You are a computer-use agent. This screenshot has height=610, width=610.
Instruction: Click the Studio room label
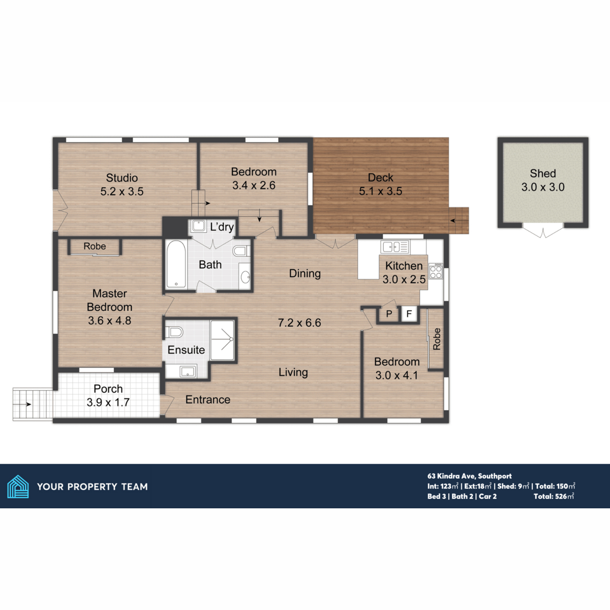[x=122, y=178]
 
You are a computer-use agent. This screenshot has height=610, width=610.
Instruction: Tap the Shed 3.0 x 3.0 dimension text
[x=543, y=187]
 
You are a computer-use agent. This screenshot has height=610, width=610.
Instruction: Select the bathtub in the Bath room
[x=176, y=264]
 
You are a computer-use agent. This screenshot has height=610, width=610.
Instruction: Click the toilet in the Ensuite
[x=175, y=332]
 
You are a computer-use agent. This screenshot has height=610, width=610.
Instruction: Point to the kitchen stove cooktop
[x=436, y=271]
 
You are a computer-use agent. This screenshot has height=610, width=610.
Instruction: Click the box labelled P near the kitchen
[x=389, y=314]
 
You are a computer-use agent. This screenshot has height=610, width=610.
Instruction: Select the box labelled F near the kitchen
[x=409, y=314]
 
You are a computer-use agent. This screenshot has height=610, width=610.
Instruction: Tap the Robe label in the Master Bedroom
[x=95, y=247]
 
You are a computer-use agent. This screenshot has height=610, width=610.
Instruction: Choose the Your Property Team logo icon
[x=18, y=486]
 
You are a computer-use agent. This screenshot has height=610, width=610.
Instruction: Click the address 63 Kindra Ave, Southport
[x=469, y=476]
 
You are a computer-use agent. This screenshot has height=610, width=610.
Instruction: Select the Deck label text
[x=380, y=177]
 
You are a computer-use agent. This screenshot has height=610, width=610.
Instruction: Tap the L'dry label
[x=222, y=227]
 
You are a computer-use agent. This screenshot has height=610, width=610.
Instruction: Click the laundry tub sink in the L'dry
[x=198, y=226]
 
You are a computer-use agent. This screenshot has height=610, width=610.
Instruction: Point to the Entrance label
[x=207, y=400]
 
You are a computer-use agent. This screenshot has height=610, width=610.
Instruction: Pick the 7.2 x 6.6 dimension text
[x=299, y=323]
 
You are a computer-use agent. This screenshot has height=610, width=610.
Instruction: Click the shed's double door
[x=543, y=232]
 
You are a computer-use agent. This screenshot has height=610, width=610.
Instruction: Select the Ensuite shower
[x=222, y=340]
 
